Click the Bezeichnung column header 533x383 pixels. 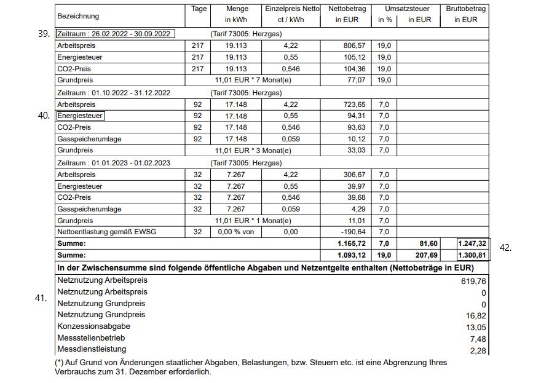pos(78,15)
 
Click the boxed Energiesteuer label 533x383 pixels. pos(81,116)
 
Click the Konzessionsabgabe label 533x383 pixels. pos(93,326)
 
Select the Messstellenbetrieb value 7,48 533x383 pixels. pos(476,339)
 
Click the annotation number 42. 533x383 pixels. pos(505,248)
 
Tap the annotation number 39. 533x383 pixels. pos(44,34)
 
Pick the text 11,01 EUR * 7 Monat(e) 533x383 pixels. pos(253,81)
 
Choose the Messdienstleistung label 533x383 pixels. pos(92,350)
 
